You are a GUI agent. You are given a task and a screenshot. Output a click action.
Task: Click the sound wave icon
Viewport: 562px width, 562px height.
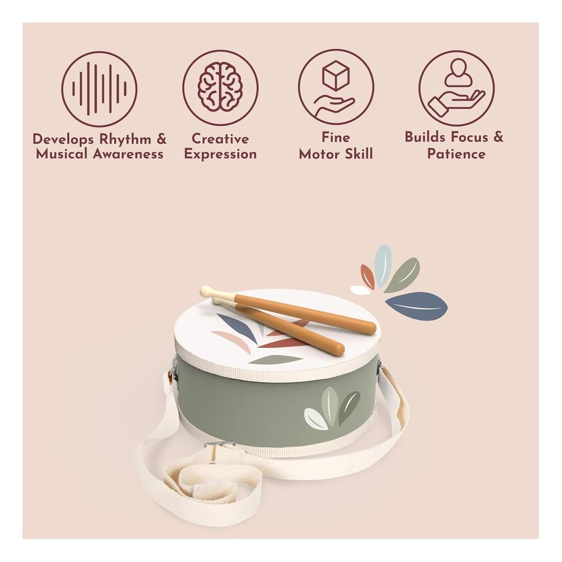pos(99,89)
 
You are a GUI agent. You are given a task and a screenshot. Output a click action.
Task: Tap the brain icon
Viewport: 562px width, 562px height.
pos(220,87)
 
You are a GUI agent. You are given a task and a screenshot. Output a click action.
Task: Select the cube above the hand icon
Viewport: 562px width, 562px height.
pos(336,76)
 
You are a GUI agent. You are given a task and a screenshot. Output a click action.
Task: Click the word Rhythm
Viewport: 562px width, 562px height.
pos(125,139)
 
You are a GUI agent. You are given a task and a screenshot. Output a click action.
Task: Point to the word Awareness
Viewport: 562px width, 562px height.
pos(128,154)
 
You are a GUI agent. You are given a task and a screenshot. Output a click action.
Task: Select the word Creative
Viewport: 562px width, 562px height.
pos(220,138)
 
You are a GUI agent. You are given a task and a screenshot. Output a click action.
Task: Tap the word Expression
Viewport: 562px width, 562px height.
pos(220,154)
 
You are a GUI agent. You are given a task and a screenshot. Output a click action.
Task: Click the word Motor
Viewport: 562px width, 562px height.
pos(319,154)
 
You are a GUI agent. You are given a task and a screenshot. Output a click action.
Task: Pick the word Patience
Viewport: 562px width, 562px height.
pos(456,154)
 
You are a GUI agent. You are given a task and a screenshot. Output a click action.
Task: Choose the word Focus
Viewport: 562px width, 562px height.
pos(469,137)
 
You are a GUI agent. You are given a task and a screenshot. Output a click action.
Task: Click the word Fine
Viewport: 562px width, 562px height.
pos(336,137)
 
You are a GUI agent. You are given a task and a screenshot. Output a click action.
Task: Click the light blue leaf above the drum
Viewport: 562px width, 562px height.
pos(383,266)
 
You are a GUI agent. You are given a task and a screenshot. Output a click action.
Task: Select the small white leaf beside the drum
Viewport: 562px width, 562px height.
pos(360,291)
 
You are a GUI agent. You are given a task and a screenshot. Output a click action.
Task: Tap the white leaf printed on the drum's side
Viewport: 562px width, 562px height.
pos(316,419)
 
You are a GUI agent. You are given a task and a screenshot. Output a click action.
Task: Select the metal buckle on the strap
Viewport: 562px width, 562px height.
pos(219,445)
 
